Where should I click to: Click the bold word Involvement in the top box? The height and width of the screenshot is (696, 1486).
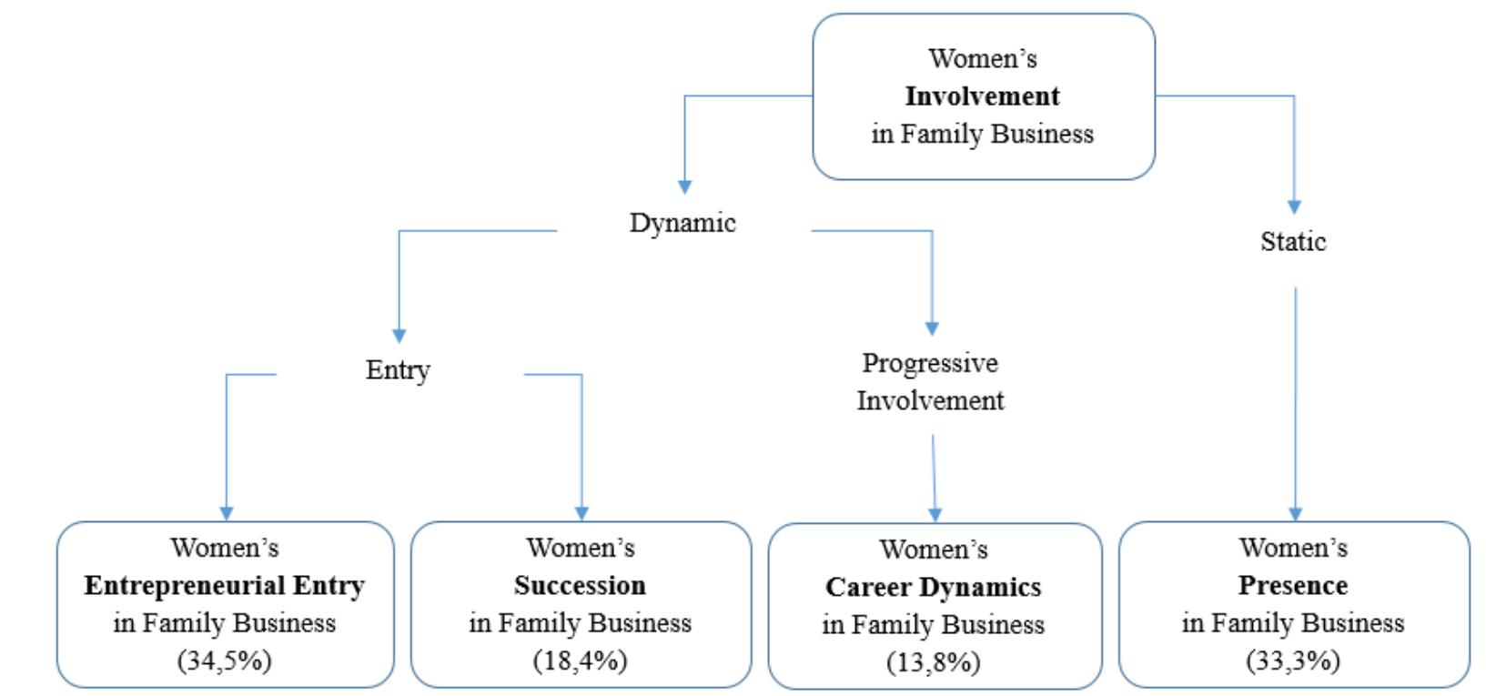(982, 96)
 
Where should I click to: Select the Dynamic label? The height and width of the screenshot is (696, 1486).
(682, 223)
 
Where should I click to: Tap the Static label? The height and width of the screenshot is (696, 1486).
(1293, 242)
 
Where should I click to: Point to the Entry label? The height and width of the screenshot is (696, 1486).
(398, 370)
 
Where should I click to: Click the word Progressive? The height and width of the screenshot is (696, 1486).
(930, 363)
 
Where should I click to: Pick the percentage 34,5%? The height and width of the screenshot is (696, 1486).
(225, 660)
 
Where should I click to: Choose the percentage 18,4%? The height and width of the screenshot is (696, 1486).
(581, 660)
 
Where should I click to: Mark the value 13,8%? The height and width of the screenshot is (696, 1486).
(934, 661)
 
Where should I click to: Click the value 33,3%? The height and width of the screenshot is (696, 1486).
(1293, 660)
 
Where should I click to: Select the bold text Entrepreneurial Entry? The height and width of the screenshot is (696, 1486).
(225, 585)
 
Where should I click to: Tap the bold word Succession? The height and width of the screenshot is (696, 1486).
(580, 585)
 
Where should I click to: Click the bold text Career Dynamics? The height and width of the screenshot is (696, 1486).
(934, 587)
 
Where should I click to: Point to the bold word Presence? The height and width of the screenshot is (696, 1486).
(1293, 585)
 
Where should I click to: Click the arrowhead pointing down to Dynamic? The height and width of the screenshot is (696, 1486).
(684, 187)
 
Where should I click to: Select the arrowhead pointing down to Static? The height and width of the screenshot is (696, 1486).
(1294, 207)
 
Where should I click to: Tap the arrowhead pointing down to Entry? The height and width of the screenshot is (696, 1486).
(399, 336)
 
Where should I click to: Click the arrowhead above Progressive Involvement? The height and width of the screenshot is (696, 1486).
(932, 328)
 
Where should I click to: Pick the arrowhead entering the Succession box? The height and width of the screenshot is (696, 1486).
(581, 514)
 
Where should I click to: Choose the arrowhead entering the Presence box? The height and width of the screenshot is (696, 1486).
(1295, 514)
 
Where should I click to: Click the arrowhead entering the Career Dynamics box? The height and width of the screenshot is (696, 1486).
(935, 515)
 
